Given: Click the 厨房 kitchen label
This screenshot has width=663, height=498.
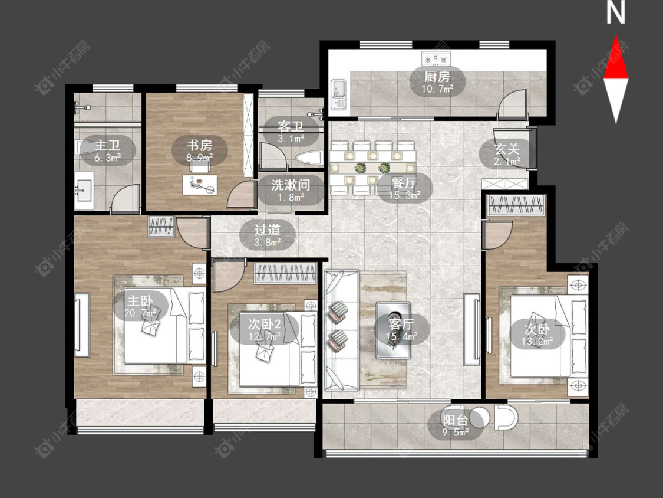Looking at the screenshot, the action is click(437, 77).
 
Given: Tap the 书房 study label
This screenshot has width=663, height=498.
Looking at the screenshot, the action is click(200, 145).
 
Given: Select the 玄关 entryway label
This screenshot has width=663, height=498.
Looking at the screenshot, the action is click(507, 149).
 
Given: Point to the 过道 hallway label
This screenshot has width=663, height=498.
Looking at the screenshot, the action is click(267, 230).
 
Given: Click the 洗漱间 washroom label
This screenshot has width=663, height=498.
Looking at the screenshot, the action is click(291, 185).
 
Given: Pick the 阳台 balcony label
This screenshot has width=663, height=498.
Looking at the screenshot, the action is click(456, 420).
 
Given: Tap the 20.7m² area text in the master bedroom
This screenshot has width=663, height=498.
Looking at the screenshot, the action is click(140, 313).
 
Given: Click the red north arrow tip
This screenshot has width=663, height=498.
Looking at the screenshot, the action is click(616, 35).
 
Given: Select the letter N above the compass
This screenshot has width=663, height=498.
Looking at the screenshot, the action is click(616, 13).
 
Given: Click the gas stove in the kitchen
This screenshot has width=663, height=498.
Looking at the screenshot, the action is click(436, 58).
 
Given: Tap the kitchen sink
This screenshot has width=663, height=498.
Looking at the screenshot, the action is click(338, 94).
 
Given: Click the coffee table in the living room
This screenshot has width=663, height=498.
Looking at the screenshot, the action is click(394, 330).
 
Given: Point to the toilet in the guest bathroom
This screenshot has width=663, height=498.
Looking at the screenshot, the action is click(309, 158).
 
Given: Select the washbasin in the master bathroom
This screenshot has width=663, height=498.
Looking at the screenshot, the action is click(84, 190).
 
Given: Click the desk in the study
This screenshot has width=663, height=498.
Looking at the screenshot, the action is click(200, 185).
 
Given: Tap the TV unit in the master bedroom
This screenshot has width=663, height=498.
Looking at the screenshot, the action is click(82, 325).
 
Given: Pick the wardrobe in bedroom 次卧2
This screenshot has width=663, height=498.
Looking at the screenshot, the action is click(285, 273).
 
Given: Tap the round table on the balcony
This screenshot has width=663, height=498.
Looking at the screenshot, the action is click(478, 417).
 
